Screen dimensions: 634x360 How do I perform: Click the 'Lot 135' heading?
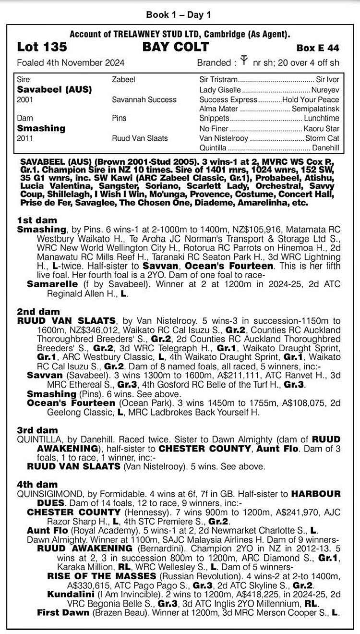(x=42, y=47)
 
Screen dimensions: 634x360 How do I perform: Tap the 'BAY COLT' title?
(x=176, y=47)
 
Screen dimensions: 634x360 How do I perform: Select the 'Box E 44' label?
(x=318, y=48)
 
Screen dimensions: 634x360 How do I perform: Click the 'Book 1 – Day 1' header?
(x=179, y=15)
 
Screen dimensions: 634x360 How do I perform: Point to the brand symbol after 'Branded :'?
(x=244, y=61)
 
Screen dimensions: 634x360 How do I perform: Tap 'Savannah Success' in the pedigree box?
(x=144, y=99)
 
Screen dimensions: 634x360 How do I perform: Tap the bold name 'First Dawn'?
(x=63, y=612)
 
